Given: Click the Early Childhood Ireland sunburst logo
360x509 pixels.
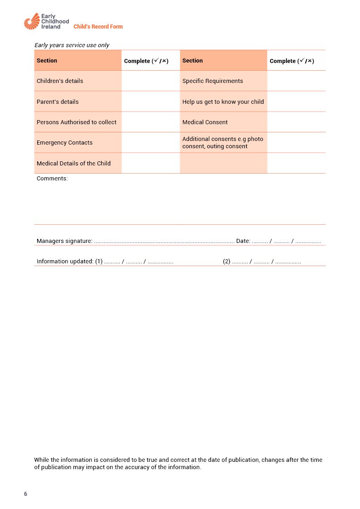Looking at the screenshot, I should [x=32, y=21].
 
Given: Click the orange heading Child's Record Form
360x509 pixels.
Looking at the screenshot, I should [x=98, y=27].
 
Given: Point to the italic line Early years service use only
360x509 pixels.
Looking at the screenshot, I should [x=72, y=45].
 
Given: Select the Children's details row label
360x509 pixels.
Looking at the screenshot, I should [x=60, y=81].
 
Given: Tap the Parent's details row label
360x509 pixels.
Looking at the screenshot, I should [x=58, y=102].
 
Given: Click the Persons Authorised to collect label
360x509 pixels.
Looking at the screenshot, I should [x=77, y=122].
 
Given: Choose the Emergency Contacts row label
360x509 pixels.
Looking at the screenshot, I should [x=64, y=143].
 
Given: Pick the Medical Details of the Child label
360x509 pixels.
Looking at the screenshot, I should [x=73, y=164].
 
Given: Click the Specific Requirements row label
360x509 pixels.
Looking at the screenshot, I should [x=213, y=81].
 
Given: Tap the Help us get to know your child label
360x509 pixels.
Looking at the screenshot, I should [x=223, y=102].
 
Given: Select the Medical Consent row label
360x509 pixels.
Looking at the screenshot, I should [x=205, y=122].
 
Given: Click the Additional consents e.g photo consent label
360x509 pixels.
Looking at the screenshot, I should [x=223, y=143].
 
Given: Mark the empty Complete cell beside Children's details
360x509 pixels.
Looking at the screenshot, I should [x=151, y=81].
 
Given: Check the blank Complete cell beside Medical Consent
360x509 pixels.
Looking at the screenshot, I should [x=296, y=122].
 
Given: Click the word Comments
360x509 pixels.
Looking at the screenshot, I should [x=52, y=179].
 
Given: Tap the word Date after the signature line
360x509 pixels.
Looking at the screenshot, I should [x=243, y=241].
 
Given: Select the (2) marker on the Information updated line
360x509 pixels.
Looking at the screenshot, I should [x=227, y=262].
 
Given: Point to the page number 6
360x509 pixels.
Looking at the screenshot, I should [x=25, y=494].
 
